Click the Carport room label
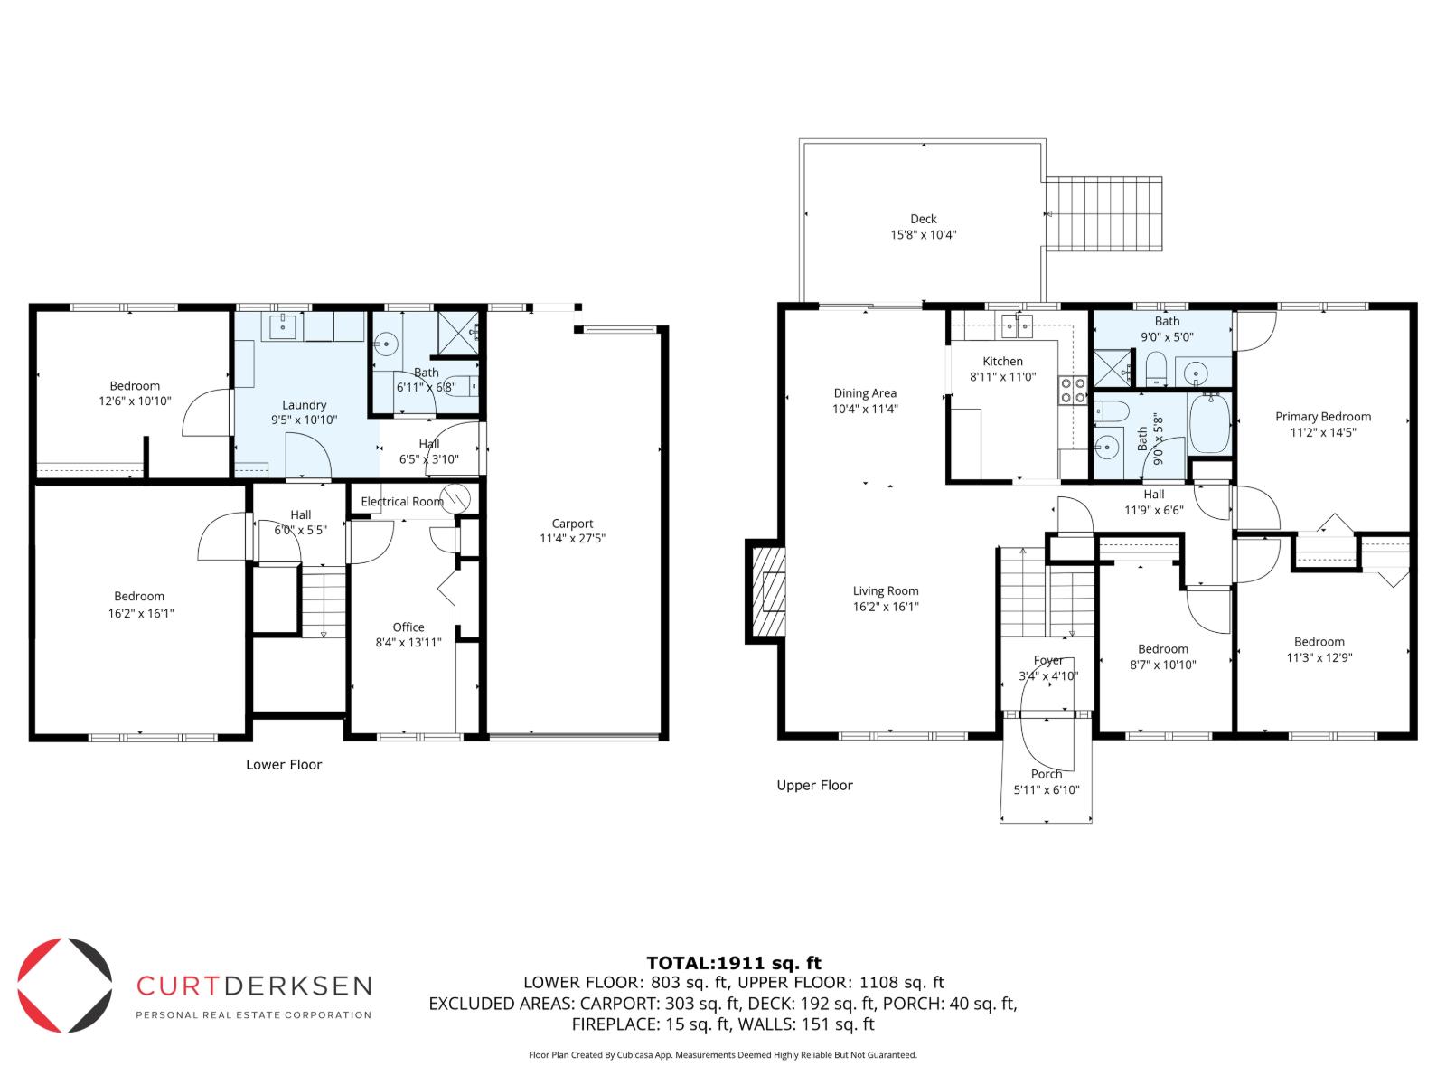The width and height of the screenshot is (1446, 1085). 572,524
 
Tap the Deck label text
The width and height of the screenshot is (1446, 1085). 923,219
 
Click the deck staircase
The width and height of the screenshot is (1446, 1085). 1103,214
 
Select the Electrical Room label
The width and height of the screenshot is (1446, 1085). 402,502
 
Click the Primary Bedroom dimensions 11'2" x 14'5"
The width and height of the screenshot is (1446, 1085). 1322,432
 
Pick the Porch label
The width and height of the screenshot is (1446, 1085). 1047,774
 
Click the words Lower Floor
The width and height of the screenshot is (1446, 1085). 284,765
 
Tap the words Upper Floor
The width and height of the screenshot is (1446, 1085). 814,786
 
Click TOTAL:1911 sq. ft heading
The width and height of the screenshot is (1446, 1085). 733,963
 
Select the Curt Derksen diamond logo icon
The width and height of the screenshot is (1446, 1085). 65,986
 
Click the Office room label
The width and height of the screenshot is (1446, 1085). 408,627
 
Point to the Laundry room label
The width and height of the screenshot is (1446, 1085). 304,405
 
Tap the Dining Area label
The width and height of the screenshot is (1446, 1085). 865,393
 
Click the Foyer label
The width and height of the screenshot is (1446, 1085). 1048,661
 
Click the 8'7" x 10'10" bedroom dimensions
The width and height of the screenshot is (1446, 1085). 1162,665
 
